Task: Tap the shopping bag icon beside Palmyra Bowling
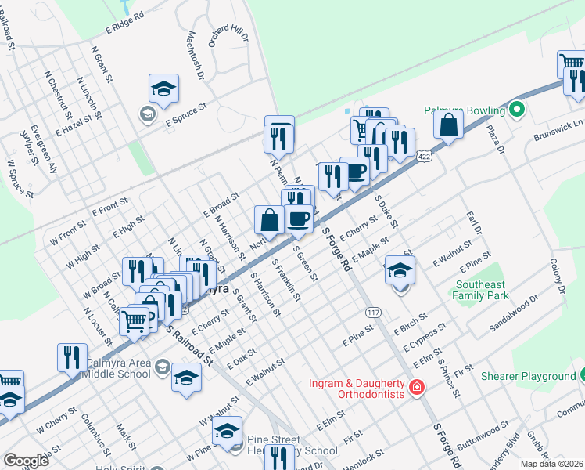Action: [448, 125]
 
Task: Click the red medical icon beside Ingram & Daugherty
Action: [417, 386]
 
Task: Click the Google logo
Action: [26, 461]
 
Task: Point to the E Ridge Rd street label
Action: [125, 22]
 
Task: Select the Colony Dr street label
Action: [556, 277]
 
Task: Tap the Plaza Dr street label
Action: [497, 141]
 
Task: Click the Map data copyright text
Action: [551, 464]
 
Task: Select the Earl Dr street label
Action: [472, 222]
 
